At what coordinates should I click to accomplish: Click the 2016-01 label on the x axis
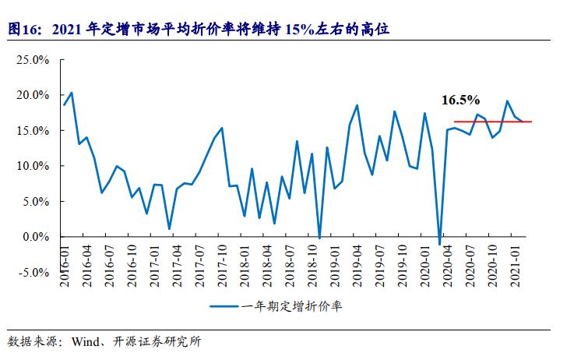65,266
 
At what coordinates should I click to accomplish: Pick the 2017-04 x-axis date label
178,266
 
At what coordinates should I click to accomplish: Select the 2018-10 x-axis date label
314,266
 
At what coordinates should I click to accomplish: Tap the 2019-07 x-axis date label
381,266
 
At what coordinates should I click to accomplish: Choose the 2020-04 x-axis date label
449,266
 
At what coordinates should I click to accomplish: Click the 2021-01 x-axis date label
516,266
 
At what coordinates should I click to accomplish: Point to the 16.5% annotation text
460,101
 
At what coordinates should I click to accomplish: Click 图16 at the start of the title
24,30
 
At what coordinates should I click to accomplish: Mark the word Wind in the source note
86,342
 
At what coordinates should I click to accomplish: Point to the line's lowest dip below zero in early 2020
440,245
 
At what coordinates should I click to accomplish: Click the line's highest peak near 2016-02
72,93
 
